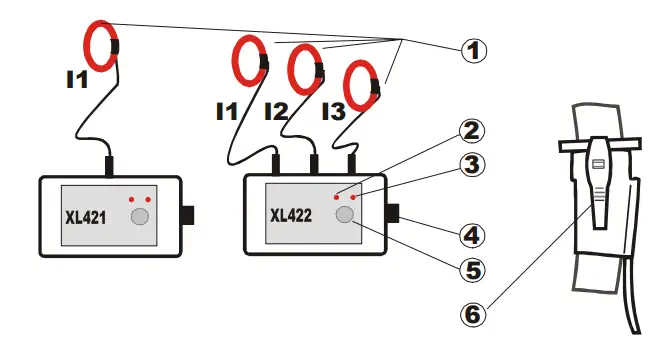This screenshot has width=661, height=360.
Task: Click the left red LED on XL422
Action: click(x=336, y=198)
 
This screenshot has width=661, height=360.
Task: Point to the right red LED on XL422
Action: click(x=353, y=198)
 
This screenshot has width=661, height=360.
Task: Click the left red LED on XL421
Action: click(x=131, y=199)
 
